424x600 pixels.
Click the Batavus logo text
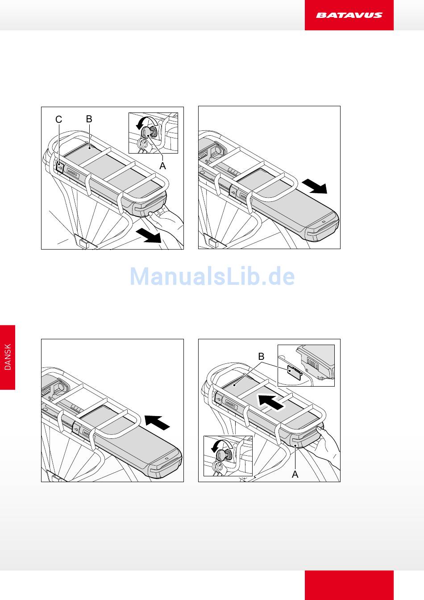pos(349,15)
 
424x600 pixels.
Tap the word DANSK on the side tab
pos(8,357)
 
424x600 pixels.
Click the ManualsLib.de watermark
pos(212,276)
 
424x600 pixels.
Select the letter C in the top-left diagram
pos(58,120)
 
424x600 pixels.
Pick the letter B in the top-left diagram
pos(89,119)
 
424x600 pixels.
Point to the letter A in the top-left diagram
pos(162,166)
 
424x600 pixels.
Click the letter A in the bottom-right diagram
pos(295,475)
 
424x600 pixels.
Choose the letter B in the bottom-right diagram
pos(261,356)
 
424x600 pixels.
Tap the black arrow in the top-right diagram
pos(315,186)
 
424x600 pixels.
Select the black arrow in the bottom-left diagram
pos(157,422)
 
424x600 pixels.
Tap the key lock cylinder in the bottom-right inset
pos(224,455)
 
